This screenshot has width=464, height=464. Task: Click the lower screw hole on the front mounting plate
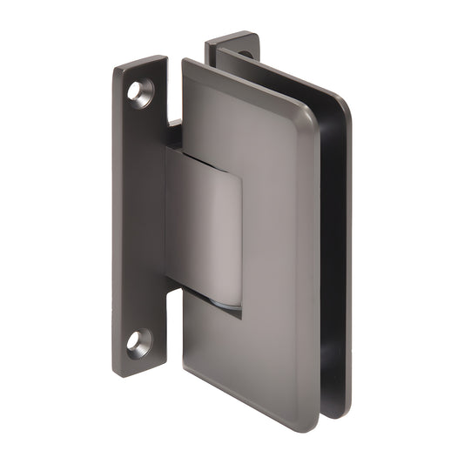tap(139, 340)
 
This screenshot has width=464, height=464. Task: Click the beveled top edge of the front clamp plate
tap(244, 83)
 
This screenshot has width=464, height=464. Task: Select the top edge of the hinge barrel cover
tap(205, 156)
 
